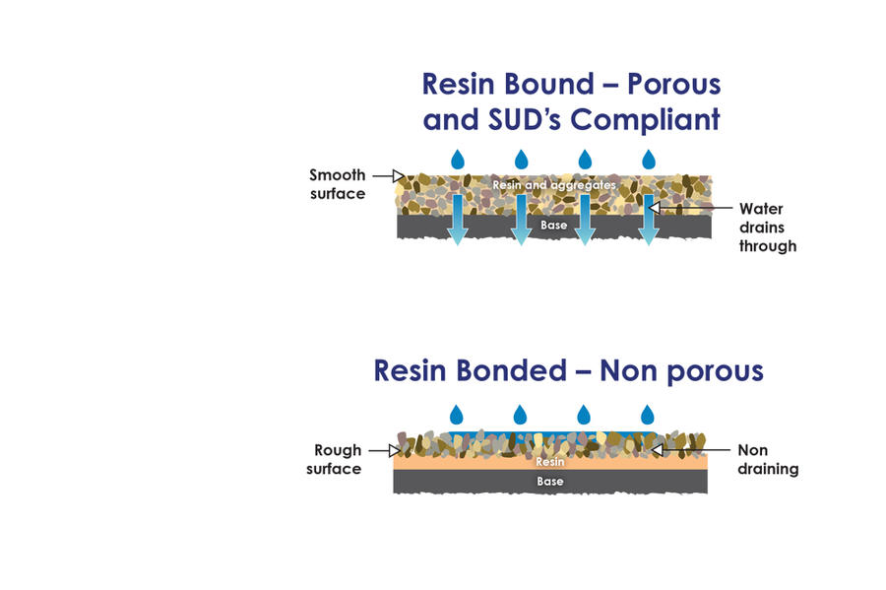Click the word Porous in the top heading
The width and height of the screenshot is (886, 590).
(674, 84)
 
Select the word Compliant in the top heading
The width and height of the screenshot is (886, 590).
(645, 120)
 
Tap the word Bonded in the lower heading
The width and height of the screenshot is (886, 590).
(511, 370)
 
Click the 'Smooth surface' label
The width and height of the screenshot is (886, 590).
(338, 184)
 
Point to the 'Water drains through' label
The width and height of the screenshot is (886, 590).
(768, 228)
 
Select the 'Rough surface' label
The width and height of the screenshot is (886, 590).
(334, 459)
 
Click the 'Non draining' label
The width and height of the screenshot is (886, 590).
(768, 459)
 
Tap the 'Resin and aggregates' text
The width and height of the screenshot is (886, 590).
(554, 185)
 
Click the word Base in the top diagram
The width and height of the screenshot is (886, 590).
(553, 225)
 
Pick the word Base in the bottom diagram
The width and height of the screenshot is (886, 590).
(550, 482)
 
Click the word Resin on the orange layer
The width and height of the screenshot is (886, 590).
(550, 462)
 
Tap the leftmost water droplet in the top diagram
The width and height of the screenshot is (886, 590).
(458, 160)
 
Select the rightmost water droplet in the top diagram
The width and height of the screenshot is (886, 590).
(649, 160)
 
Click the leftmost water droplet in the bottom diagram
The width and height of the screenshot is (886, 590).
(457, 415)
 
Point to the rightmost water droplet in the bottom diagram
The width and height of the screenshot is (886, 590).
(648, 415)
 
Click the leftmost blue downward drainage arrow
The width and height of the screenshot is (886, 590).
(458, 220)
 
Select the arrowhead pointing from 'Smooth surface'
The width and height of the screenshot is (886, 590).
(399, 175)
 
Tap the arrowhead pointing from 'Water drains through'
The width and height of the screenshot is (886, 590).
(655, 208)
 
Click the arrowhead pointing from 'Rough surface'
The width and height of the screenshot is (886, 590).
(395, 450)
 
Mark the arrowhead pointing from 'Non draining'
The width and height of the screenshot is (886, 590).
(657, 450)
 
